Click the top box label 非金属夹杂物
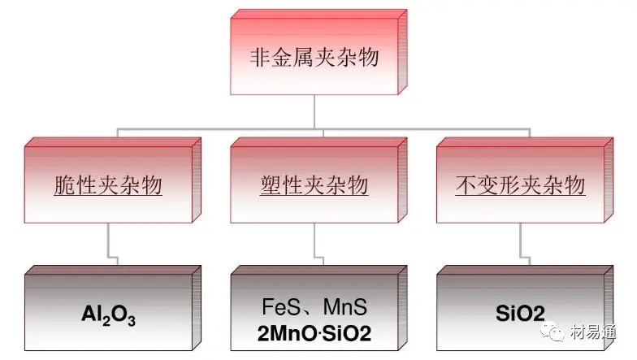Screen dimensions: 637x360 coord(314,57)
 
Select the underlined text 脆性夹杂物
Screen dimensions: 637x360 coord(108,185)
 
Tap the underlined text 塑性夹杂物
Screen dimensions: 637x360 coord(314,185)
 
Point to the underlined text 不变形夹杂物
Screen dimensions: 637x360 coord(520,185)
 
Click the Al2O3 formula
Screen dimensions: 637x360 coord(109,315)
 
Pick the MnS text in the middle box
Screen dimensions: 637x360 coord(345,307)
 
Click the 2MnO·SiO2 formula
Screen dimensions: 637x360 coord(314,333)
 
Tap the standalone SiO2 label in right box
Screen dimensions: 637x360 coord(520,314)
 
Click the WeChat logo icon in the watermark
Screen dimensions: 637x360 coord(552,332)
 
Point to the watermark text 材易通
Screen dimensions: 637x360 coord(593,332)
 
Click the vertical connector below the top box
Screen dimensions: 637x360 coord(314,112)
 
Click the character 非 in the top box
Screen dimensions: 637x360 coord(260,57)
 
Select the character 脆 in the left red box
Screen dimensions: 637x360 coord(64,185)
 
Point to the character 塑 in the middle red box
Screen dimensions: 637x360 coord(271,185)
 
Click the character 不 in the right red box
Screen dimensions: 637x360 coord(466,185)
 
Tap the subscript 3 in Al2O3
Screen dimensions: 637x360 coord(132,321)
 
